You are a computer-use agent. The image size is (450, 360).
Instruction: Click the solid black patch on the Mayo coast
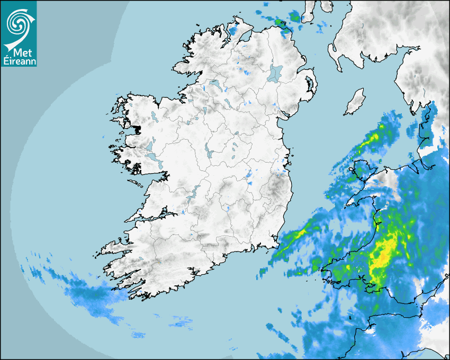pos(138,129)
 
